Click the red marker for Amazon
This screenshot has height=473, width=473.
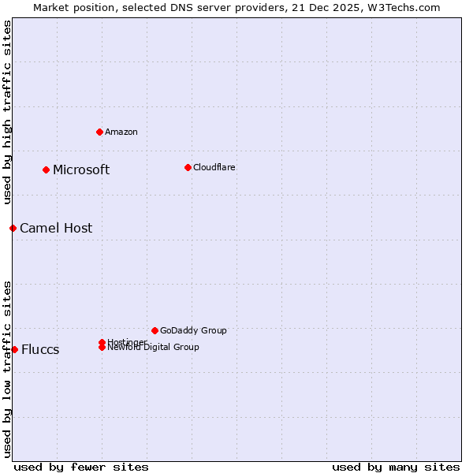99,132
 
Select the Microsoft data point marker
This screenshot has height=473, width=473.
47,169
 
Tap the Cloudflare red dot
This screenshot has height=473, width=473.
188,167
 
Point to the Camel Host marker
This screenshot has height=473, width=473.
13,228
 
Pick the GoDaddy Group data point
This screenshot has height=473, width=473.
155,330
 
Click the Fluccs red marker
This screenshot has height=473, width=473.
14,349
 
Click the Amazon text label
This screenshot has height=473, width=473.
121,132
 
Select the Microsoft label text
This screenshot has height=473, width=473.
81,169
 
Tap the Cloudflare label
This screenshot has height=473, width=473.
214,167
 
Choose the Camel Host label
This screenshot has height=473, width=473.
56,228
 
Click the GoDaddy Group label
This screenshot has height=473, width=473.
193,330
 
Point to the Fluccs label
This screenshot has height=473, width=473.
40,349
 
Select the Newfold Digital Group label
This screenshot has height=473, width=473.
154,348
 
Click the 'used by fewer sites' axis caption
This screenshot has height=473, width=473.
81,467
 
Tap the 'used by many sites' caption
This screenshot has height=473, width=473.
396,467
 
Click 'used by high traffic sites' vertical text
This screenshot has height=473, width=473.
8,112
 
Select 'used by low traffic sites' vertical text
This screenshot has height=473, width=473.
8,369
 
